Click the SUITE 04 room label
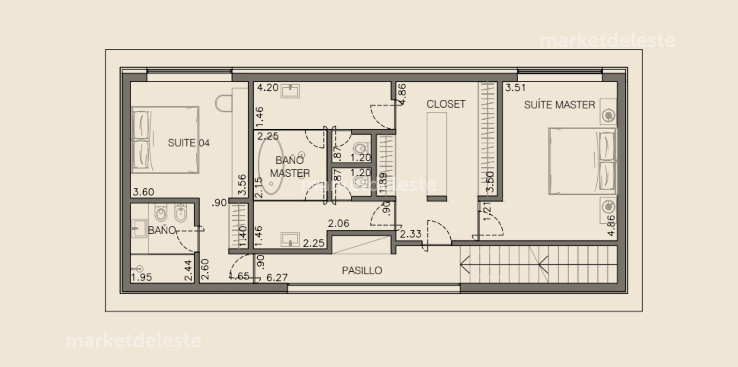tap(188, 143)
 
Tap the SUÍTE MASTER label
tap(559, 105)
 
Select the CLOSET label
tap(446, 104)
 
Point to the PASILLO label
tap(362, 271)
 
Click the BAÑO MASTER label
tap(290, 166)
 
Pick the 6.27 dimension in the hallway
tap(277, 277)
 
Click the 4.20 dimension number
tap(268, 88)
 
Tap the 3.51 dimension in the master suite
tap(515, 88)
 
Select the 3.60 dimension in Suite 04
tap(143, 192)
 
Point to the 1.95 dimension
tap(141, 277)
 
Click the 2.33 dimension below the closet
tap(411, 234)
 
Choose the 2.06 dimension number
tap(338, 223)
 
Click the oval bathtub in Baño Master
tap(271, 164)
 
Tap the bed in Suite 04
tap(165, 140)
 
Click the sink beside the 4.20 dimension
tap(290, 91)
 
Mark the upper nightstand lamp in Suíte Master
tap(608, 115)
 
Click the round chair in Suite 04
tap(223, 103)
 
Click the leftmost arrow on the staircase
tap(465, 265)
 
